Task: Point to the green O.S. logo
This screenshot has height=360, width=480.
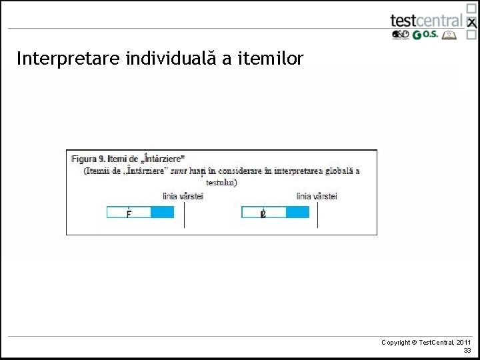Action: (x=425, y=35)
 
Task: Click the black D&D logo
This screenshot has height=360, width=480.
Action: (x=400, y=35)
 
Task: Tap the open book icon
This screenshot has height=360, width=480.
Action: (x=451, y=35)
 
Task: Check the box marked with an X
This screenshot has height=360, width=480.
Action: (x=471, y=23)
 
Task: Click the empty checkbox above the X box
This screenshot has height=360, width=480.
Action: (x=471, y=8)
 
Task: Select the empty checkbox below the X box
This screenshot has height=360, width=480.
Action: (x=471, y=37)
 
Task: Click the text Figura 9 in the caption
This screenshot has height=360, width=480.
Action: (x=88, y=159)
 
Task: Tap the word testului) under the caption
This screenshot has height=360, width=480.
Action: (x=221, y=182)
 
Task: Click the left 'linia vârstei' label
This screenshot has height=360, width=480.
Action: (x=183, y=196)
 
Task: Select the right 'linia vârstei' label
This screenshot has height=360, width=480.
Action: (x=317, y=196)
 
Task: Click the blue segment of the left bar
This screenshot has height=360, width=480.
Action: (x=162, y=213)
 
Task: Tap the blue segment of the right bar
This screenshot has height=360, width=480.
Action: (x=297, y=213)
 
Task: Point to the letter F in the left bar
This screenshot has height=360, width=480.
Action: (x=128, y=213)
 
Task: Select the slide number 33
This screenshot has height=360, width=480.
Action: (x=467, y=350)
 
